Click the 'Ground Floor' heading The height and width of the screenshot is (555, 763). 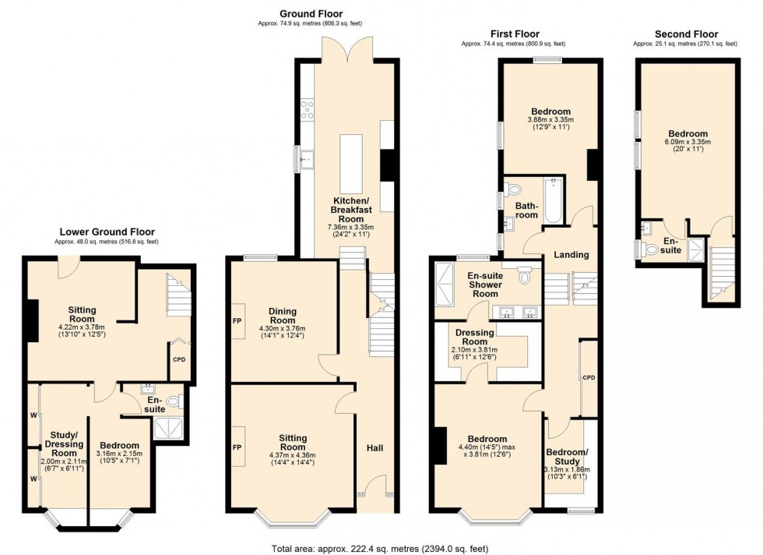click(311, 13)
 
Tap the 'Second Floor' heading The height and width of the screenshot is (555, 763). click(686, 34)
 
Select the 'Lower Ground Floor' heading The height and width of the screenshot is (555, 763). click(107, 232)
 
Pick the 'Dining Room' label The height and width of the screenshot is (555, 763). click(283, 316)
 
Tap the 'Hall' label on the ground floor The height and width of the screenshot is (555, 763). click(375, 448)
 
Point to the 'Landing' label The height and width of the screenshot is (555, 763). click(571, 255)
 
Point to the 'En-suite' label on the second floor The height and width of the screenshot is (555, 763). click(671, 246)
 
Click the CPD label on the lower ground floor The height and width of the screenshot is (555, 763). click(178, 360)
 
